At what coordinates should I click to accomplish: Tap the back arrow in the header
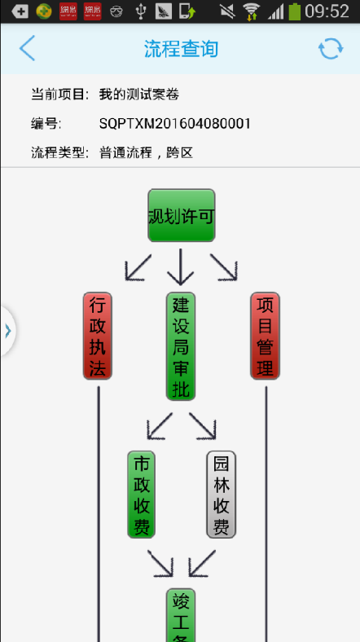pyautogui.click(x=27, y=48)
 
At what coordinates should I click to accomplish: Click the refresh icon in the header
pyautogui.click(x=331, y=49)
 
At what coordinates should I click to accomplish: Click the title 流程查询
pyautogui.click(x=181, y=49)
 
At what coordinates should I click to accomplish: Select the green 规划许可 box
pyautogui.click(x=182, y=215)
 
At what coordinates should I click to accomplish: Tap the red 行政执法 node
pyautogui.click(x=98, y=336)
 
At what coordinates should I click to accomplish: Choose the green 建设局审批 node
pyautogui.click(x=181, y=346)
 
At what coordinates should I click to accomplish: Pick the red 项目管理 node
pyautogui.click(x=265, y=336)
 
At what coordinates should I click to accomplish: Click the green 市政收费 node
pyautogui.click(x=141, y=495)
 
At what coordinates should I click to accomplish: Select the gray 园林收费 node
pyautogui.click(x=222, y=495)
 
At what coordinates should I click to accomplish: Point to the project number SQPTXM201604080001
pyautogui.click(x=175, y=124)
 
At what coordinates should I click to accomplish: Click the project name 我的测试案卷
pyautogui.click(x=139, y=95)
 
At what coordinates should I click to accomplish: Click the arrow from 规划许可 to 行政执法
pyautogui.click(x=138, y=267)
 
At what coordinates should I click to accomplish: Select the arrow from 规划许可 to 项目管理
pyautogui.click(x=224, y=267)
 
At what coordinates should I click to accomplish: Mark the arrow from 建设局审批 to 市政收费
pyautogui.click(x=160, y=426)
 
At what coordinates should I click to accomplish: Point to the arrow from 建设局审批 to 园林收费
pyautogui.click(x=203, y=426)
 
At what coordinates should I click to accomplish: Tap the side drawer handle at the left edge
pyautogui.click(x=7, y=331)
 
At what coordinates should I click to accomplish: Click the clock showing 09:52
pyautogui.click(x=327, y=11)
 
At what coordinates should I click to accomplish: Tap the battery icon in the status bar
pyautogui.click(x=294, y=11)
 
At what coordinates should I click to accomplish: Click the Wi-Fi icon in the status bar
pyautogui.click(x=251, y=11)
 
